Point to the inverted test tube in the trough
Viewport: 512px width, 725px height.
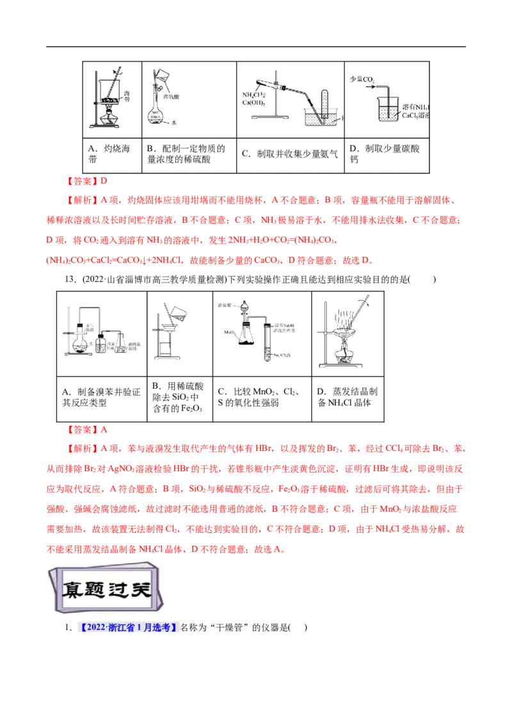tap(323, 102)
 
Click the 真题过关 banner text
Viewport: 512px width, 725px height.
tap(106, 587)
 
